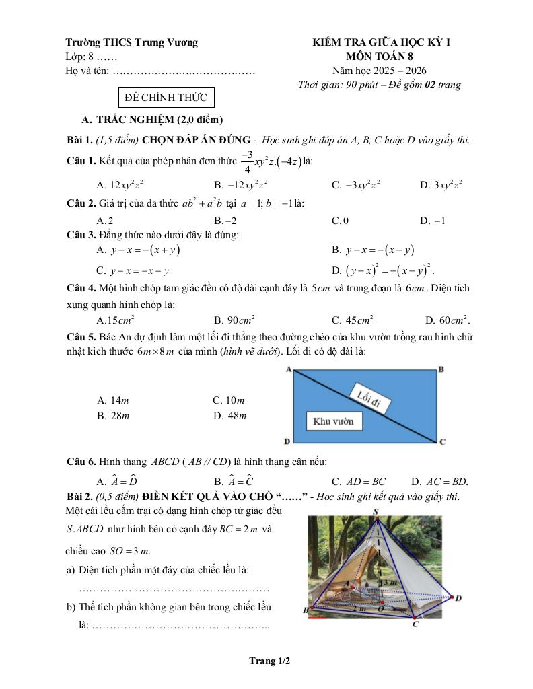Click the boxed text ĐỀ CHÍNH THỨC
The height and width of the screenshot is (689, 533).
[167, 98]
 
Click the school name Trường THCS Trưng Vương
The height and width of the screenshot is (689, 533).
[132, 42]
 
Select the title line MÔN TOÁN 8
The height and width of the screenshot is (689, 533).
[381, 57]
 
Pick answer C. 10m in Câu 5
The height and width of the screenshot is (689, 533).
[229, 400]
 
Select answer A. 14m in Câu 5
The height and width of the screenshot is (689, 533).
[112, 400]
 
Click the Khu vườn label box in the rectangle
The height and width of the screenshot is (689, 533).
[333, 421]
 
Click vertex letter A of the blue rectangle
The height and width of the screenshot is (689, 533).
[288, 369]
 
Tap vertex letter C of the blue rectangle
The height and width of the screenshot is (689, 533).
[442, 442]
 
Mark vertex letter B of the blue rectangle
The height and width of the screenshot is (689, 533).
[441, 369]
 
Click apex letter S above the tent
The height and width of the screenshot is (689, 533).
[376, 513]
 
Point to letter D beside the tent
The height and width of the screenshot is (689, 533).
[458, 597]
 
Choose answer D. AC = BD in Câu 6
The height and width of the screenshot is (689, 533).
[439, 482]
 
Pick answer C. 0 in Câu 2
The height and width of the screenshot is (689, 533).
[340, 220]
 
